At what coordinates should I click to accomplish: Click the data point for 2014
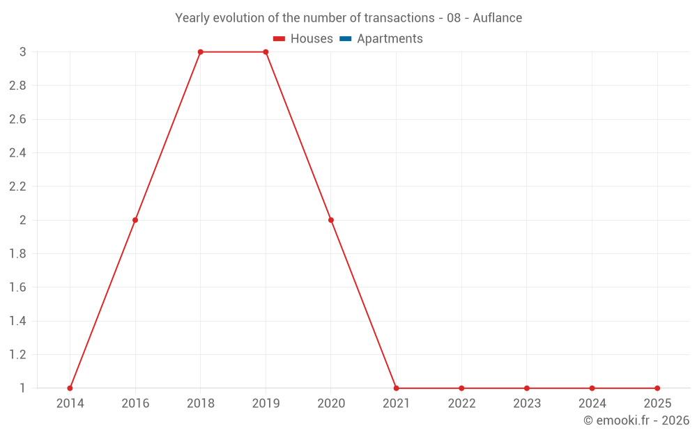click(70, 388)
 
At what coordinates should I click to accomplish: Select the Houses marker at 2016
click(135, 220)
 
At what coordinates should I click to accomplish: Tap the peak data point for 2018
click(200, 52)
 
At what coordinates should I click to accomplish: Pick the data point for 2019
click(266, 52)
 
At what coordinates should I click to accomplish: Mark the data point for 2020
click(331, 220)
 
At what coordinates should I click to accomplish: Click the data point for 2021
click(396, 388)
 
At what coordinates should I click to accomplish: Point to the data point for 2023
click(527, 388)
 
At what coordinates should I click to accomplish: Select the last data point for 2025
click(657, 388)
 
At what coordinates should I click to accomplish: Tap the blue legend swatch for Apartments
click(345, 39)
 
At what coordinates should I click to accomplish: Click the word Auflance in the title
click(497, 18)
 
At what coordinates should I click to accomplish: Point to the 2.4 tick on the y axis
click(17, 153)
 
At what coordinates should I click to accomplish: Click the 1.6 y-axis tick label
click(17, 287)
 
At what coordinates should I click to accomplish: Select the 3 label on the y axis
click(23, 52)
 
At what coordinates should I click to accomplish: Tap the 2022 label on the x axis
click(461, 404)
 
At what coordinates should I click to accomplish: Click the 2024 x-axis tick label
click(592, 404)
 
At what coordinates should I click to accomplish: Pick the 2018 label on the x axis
click(200, 404)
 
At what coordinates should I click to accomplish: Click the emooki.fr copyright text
click(636, 420)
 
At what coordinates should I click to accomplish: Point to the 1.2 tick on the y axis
click(17, 355)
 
